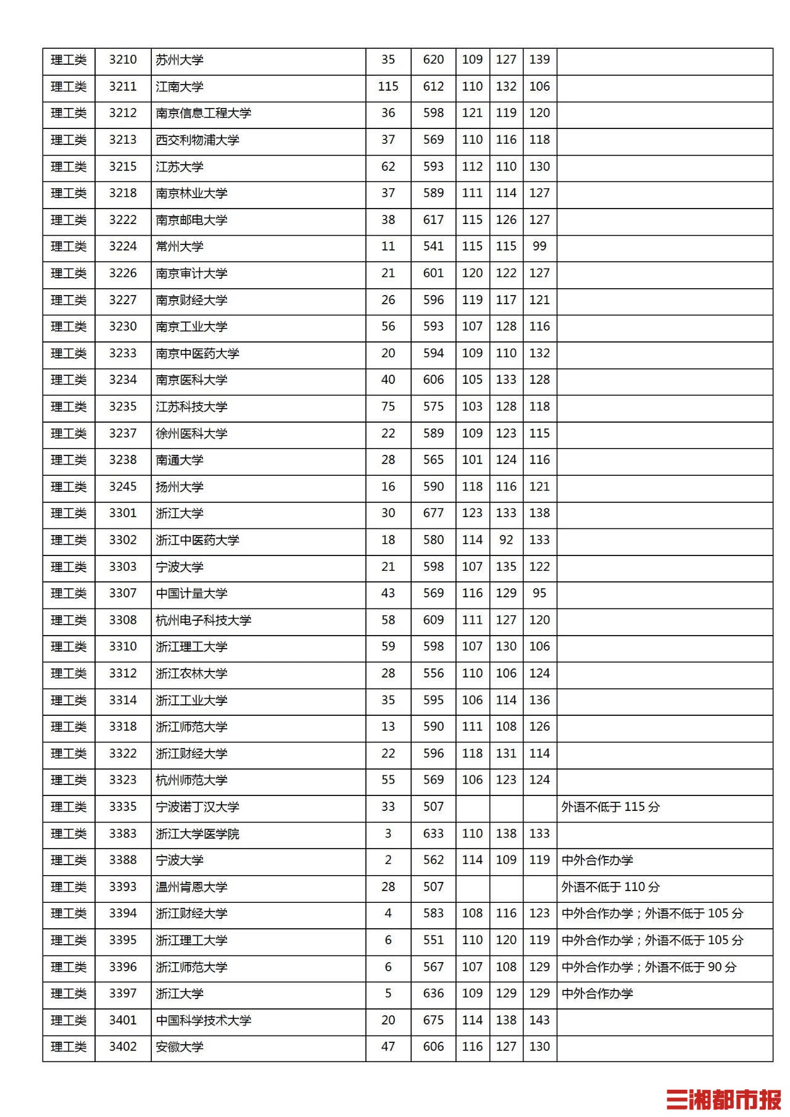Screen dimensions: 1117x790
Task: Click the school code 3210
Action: point(123,60)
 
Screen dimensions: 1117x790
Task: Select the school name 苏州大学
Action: point(180,60)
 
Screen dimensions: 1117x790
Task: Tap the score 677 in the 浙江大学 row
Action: point(433,513)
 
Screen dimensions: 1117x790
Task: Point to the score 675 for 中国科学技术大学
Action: point(433,1020)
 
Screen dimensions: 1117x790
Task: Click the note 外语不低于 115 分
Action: point(610,807)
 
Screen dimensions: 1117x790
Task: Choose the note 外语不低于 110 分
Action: point(610,887)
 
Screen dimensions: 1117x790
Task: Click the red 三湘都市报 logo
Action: point(723,1100)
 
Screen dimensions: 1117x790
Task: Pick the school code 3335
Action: point(123,807)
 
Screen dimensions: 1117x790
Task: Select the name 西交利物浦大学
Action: point(197,140)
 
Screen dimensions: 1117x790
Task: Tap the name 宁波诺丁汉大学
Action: point(197,807)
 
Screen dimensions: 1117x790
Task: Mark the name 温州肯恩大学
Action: point(191,887)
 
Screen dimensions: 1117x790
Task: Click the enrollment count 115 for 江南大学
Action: point(388,86)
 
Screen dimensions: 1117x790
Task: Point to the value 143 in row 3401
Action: point(539,1020)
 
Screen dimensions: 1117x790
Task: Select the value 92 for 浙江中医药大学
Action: point(506,540)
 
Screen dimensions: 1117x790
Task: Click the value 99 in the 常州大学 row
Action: point(539,246)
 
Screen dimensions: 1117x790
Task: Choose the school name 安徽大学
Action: point(180,1047)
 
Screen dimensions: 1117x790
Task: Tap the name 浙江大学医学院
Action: point(197,834)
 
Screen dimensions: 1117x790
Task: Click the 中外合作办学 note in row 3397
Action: point(597,994)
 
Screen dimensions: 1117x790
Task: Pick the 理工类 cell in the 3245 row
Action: point(69,487)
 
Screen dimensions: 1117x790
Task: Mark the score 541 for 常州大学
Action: point(433,246)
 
